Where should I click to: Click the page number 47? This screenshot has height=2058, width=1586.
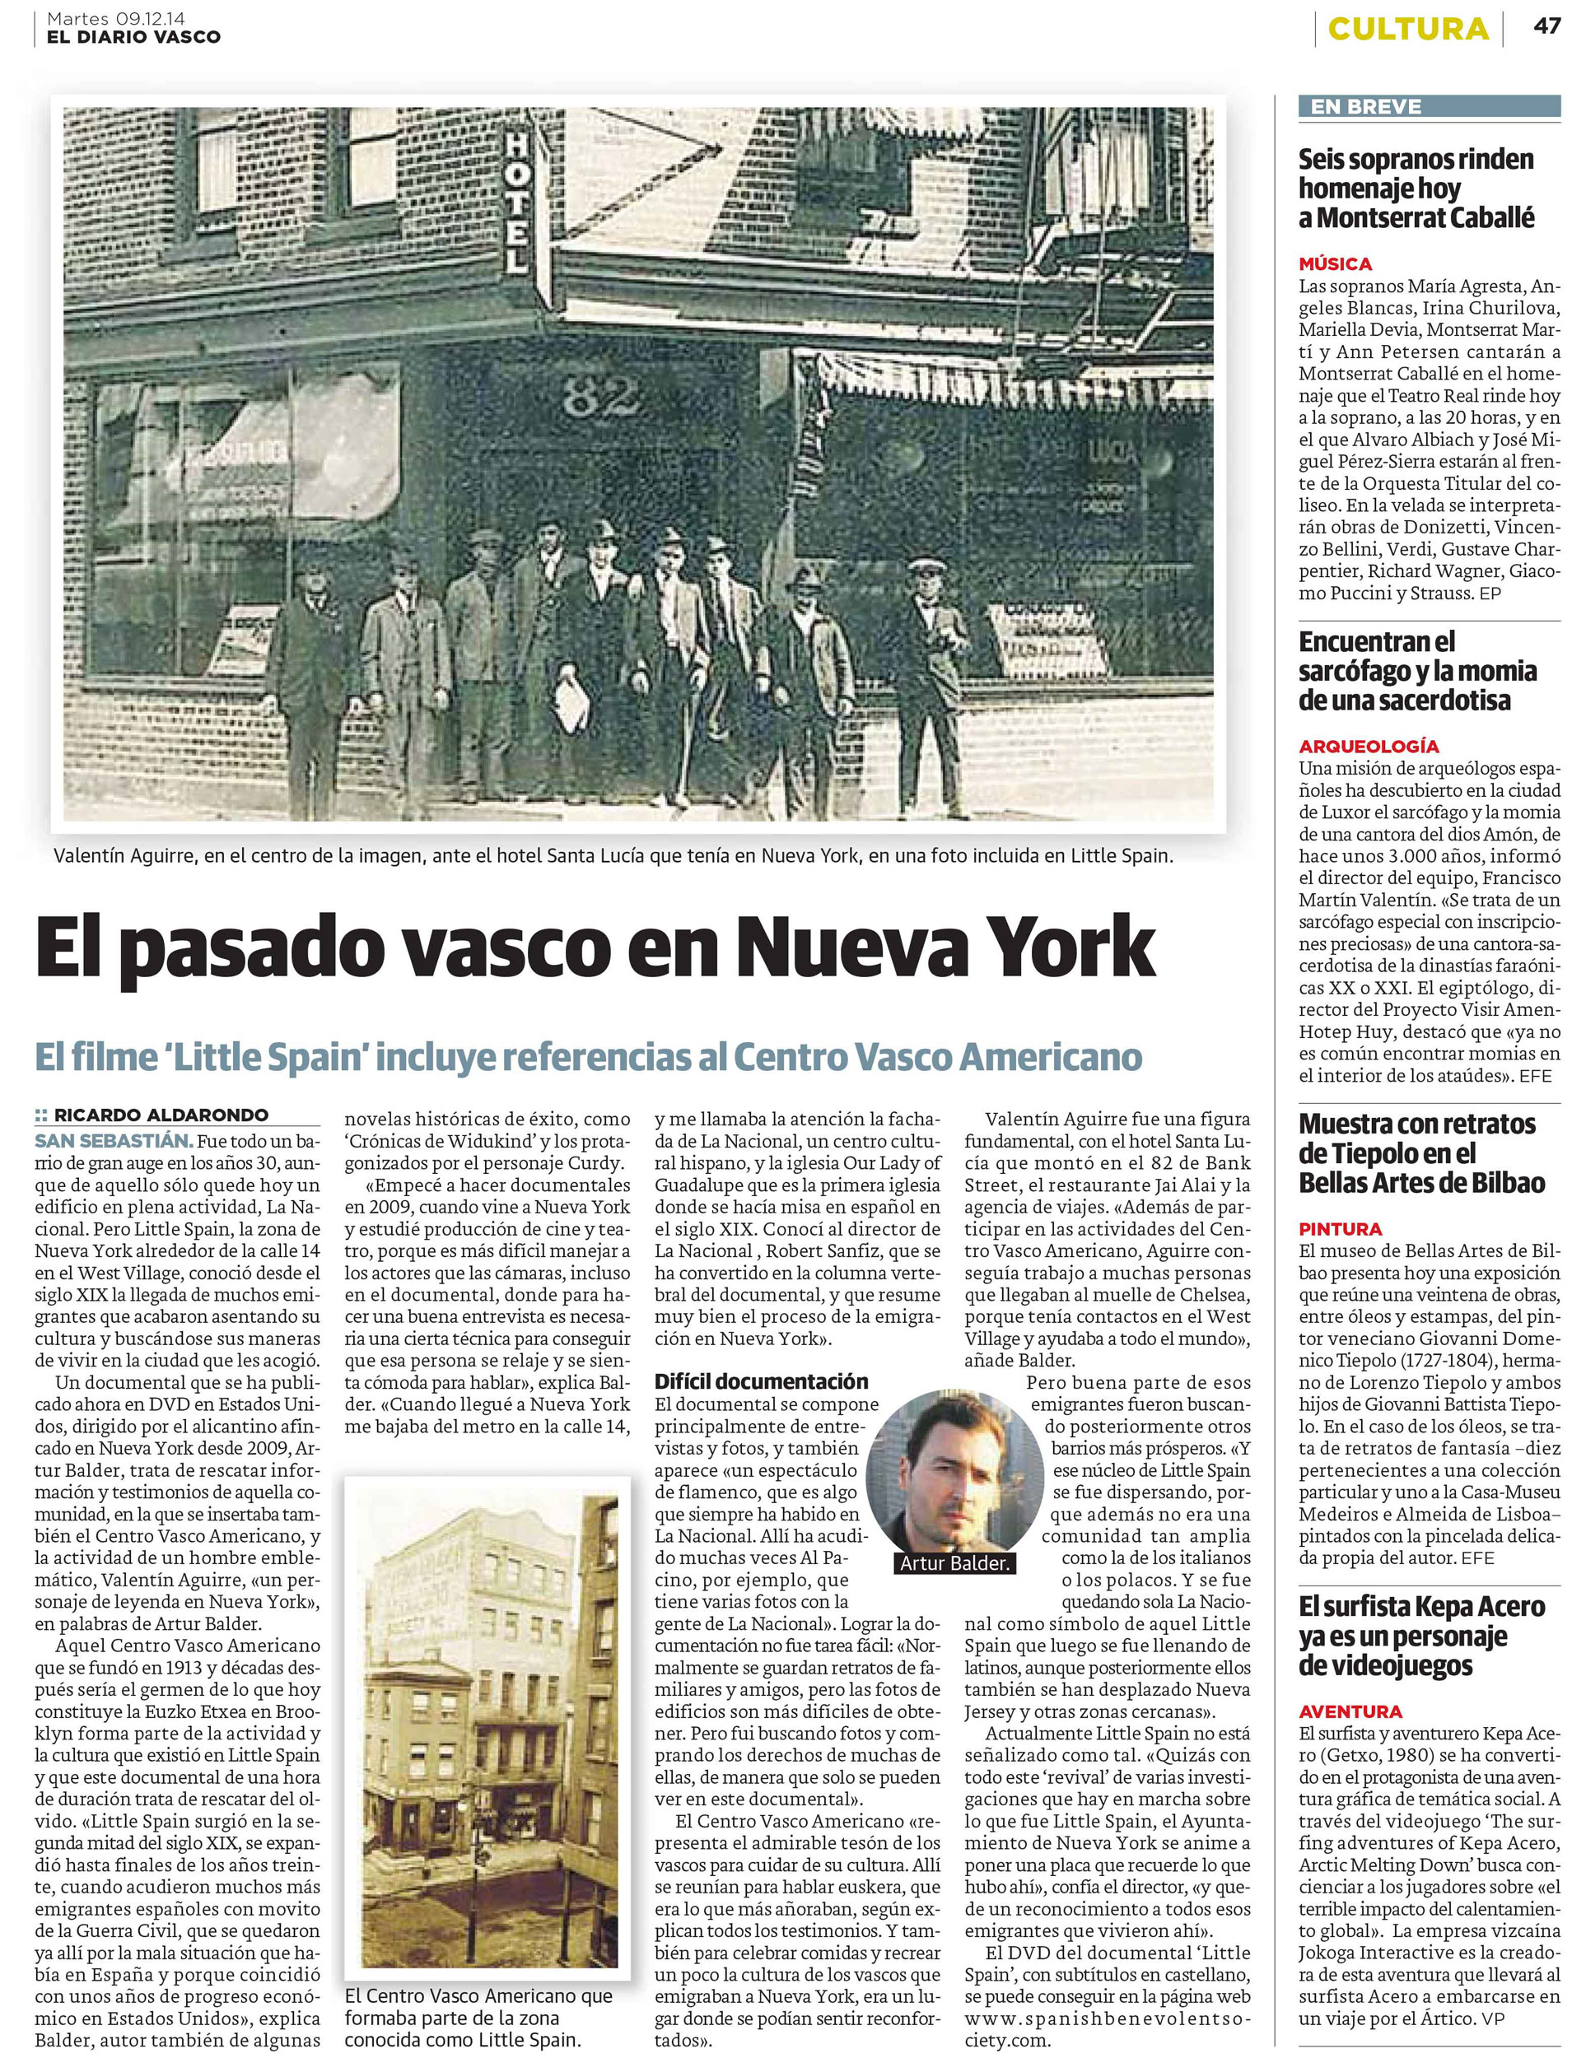(x=1546, y=26)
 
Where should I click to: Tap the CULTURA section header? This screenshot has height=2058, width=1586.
(x=1408, y=29)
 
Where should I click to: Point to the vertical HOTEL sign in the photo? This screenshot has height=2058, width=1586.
(x=516, y=202)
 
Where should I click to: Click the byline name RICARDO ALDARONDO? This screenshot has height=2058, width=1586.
(x=161, y=1115)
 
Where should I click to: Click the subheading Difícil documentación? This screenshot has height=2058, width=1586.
(x=762, y=1381)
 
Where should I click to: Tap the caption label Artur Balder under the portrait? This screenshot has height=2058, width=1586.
(x=954, y=1563)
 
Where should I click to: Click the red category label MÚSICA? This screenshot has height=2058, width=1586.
(x=1334, y=264)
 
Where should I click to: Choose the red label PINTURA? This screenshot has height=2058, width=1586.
(x=1340, y=1229)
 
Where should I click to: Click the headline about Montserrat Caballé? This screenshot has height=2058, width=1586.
(x=1416, y=189)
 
